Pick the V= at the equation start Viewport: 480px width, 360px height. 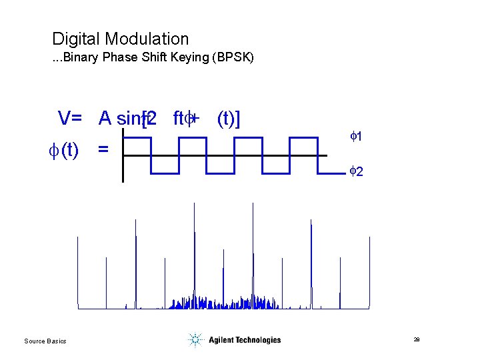(70, 119)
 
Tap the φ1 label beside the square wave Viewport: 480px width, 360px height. (356, 137)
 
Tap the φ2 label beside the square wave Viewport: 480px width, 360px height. (356, 172)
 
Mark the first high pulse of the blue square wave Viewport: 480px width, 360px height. (138, 139)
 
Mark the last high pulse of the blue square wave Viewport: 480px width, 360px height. (302, 139)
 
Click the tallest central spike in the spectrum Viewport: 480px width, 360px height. (194, 253)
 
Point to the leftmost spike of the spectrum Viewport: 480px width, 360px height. (78, 273)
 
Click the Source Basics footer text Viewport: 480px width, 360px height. (45, 341)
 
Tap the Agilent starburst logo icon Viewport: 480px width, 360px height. (195, 340)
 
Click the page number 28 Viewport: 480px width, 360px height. (416, 340)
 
